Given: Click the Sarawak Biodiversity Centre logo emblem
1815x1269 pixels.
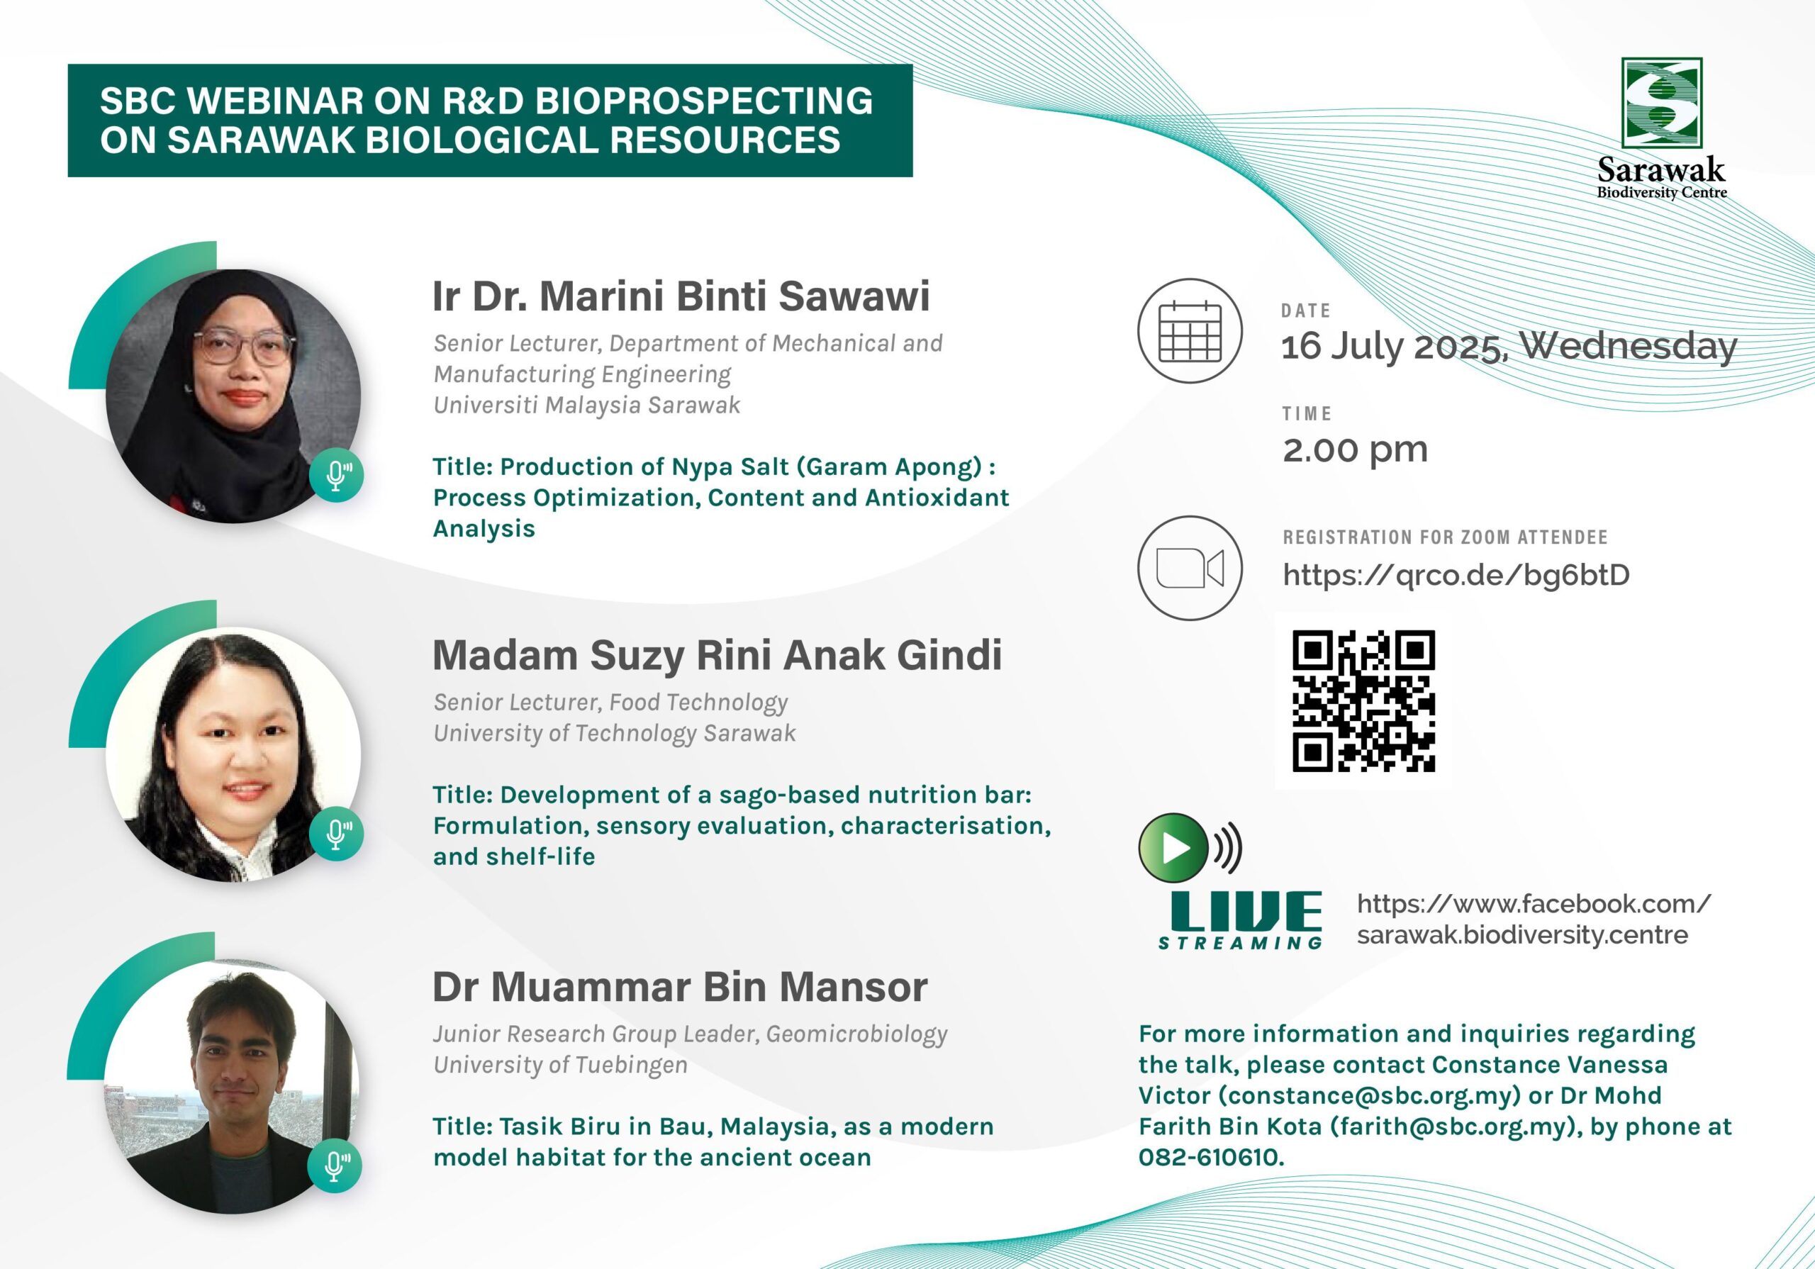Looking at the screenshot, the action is pyautogui.click(x=1662, y=103).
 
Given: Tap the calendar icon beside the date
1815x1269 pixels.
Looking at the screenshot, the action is pyautogui.click(x=1190, y=330).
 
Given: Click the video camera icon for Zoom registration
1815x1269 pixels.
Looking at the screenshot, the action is pyautogui.click(x=1190, y=568).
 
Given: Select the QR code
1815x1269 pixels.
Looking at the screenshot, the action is pyautogui.click(x=1363, y=700).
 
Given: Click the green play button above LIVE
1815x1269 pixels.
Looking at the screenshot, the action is pyautogui.click(x=1173, y=848).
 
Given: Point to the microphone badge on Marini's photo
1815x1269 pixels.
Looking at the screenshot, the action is pyautogui.click(x=337, y=475).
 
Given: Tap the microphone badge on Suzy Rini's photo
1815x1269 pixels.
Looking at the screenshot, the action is pyautogui.click(x=337, y=833).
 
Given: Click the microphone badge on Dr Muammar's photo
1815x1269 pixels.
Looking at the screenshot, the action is pyautogui.click(x=335, y=1165).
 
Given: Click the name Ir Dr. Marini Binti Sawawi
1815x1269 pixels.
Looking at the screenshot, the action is pyautogui.click(x=681, y=296).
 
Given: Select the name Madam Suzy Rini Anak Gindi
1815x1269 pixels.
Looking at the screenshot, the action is pyautogui.click(x=717, y=656).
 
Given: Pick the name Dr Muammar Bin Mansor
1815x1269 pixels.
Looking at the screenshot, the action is pyautogui.click(x=680, y=987).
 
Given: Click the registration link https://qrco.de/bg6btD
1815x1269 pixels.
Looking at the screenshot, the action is pyautogui.click(x=1456, y=575).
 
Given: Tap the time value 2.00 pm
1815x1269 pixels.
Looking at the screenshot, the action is pyautogui.click(x=1355, y=450).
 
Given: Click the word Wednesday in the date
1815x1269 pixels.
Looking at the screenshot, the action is pyautogui.click(x=1629, y=346).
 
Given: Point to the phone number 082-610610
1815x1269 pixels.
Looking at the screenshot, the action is pyautogui.click(x=1211, y=1158).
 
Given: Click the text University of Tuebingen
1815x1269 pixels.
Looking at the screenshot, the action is pyautogui.click(x=561, y=1065).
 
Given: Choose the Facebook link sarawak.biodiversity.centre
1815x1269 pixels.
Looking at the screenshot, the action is pyautogui.click(x=1522, y=935).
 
